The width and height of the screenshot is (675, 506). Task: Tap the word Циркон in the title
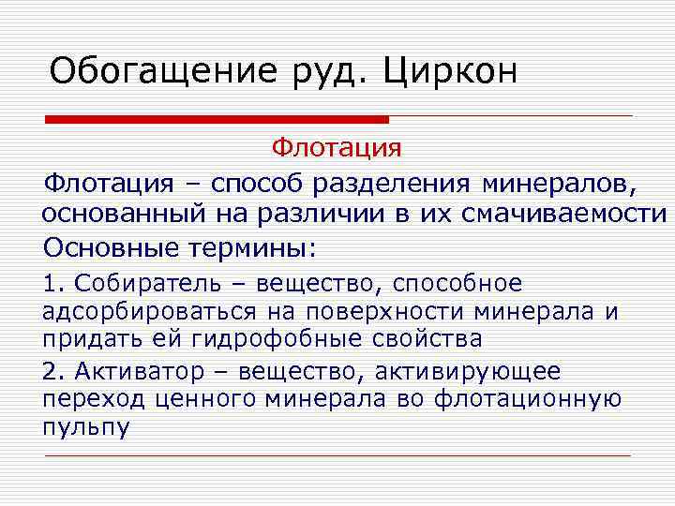pyautogui.click(x=450, y=72)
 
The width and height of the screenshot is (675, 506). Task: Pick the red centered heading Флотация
pyautogui.click(x=337, y=149)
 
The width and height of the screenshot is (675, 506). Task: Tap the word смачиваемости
pyautogui.click(x=563, y=214)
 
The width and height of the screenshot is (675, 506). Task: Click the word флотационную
pyautogui.click(x=528, y=399)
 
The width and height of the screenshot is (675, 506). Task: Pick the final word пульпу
pyautogui.click(x=86, y=426)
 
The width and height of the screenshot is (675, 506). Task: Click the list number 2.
pyautogui.click(x=50, y=372)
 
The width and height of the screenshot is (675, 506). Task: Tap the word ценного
pyautogui.click(x=191, y=399)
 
